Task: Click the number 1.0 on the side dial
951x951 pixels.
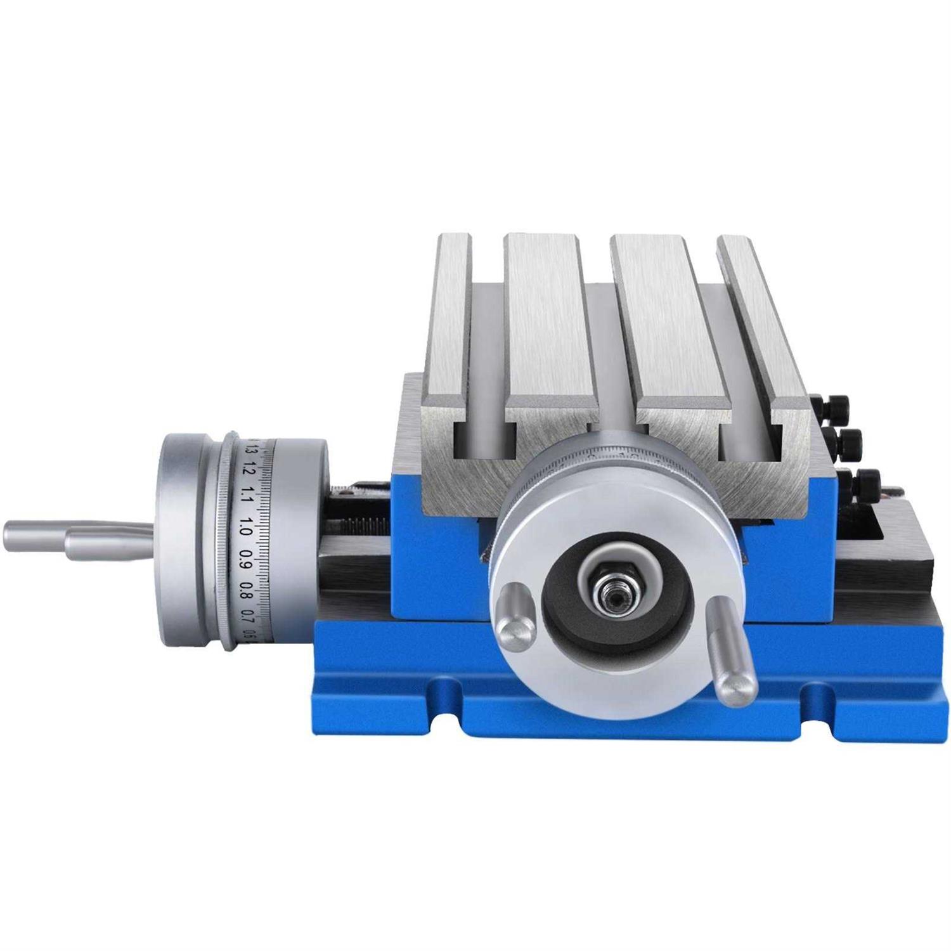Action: [247, 524]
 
